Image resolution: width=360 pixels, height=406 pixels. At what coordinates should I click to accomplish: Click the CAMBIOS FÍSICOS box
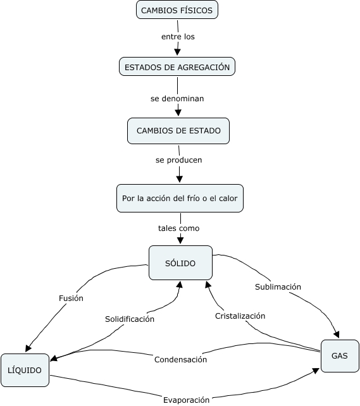click(x=177, y=10)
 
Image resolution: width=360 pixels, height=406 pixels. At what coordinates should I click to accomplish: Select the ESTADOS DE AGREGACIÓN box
click(x=177, y=67)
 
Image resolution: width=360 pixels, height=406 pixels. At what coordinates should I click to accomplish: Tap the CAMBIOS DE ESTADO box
click(x=178, y=131)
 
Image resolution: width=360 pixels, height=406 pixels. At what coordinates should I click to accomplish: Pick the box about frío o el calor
click(x=180, y=199)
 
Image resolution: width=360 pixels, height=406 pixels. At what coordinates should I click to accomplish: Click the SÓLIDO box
click(x=180, y=263)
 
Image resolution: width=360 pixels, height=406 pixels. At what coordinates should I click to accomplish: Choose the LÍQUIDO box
click(x=25, y=370)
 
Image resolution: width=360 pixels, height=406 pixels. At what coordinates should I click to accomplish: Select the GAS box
click(x=340, y=356)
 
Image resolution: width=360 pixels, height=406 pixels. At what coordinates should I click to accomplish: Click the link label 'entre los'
click(x=178, y=37)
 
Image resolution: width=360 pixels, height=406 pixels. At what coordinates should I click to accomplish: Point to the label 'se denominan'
click(x=177, y=99)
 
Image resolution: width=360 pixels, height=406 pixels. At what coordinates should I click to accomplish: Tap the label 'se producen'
click(x=178, y=160)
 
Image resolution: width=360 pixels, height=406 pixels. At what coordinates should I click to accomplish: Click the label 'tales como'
click(x=178, y=228)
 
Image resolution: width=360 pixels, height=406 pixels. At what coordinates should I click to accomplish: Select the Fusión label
click(x=71, y=298)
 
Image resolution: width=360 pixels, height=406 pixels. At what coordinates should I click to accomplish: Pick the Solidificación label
click(x=130, y=319)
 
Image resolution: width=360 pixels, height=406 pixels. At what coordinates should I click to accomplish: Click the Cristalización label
click(x=240, y=316)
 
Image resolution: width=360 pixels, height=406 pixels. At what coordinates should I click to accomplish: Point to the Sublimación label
click(x=278, y=287)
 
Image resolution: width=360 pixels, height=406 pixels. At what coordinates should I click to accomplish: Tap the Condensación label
click(x=180, y=360)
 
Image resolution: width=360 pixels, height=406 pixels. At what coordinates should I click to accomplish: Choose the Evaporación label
click(x=186, y=400)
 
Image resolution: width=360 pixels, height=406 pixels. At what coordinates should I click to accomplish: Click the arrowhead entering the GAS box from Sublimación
click(x=337, y=335)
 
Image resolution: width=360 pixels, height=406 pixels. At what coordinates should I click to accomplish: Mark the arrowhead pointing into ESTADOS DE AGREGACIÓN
click(x=177, y=52)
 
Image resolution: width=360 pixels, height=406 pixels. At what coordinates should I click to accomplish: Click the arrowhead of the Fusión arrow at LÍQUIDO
click(x=28, y=348)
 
